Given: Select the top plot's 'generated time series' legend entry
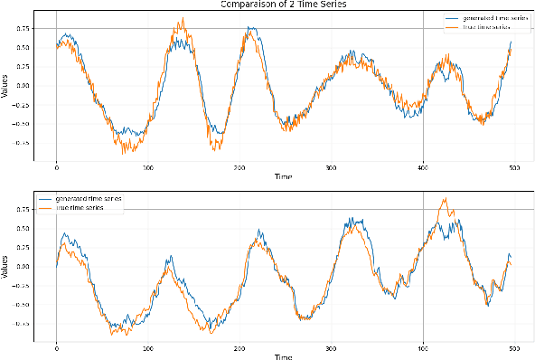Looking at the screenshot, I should pyautogui.click(x=487, y=18).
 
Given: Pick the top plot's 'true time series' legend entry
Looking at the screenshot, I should pyautogui.click(x=483, y=28).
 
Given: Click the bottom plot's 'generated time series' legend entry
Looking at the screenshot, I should pyautogui.click(x=89, y=197).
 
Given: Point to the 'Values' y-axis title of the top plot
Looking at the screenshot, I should pyautogui.click(x=5, y=87).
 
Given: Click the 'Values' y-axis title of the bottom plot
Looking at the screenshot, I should pyautogui.click(x=5, y=267).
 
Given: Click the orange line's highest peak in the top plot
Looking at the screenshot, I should pyautogui.click(x=182, y=17).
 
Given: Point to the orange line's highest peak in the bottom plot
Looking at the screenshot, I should pyautogui.click(x=444, y=199).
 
